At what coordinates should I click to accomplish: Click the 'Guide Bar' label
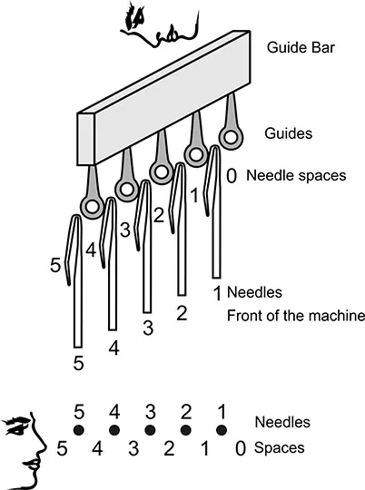click(x=301, y=47)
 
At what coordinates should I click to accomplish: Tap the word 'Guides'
click(x=289, y=133)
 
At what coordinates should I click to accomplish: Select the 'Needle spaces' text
click(x=296, y=176)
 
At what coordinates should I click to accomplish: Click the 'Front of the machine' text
click(x=296, y=316)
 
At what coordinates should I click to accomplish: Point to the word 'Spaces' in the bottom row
click(x=280, y=448)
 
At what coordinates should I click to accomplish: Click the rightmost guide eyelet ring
click(x=231, y=138)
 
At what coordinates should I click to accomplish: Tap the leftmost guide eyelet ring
click(x=93, y=207)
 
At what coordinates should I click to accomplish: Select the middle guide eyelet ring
click(x=162, y=172)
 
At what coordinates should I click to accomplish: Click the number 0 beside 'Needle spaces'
click(x=232, y=176)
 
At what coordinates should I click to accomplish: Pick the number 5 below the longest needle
click(x=78, y=363)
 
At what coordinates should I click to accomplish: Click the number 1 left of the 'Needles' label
click(x=217, y=293)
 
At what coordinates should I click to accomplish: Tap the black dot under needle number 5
click(x=78, y=430)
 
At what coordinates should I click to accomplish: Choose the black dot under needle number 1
click(x=222, y=430)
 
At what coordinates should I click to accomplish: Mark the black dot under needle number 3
click(x=150, y=430)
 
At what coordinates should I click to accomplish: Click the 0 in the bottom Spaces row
click(x=241, y=449)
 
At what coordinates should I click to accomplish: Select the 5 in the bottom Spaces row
click(x=62, y=449)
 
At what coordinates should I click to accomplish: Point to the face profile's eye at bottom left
click(x=15, y=426)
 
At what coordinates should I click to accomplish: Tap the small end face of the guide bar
click(x=86, y=139)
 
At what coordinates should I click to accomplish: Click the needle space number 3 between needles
click(x=125, y=230)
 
